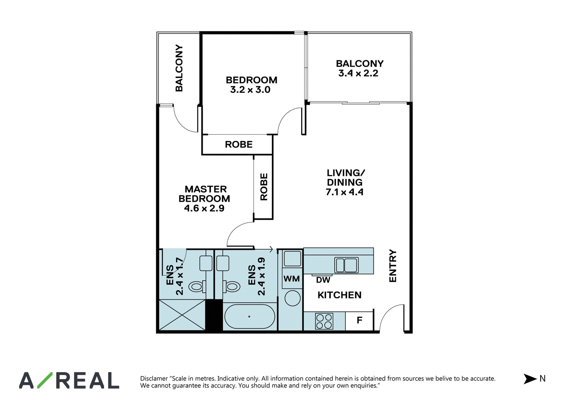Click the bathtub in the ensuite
click(250, 317)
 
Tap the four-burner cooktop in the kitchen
click(324, 321)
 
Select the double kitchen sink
click(346, 265)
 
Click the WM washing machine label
click(292, 279)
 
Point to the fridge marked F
click(359, 320)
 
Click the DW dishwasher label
click(323, 280)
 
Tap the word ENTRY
click(393, 266)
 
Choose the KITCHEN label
click(339, 295)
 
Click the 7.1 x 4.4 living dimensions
click(345, 192)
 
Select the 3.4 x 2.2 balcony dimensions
click(358, 73)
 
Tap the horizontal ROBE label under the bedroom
click(239, 145)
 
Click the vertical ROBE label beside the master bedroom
click(264, 187)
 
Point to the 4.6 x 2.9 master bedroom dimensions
click(204, 208)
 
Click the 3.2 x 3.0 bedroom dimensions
click(250, 89)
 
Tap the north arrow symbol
click(530, 379)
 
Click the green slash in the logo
click(45, 380)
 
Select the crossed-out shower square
click(182, 315)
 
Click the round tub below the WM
click(293, 298)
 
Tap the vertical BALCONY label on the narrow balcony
click(179, 68)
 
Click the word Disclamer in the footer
click(154, 378)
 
